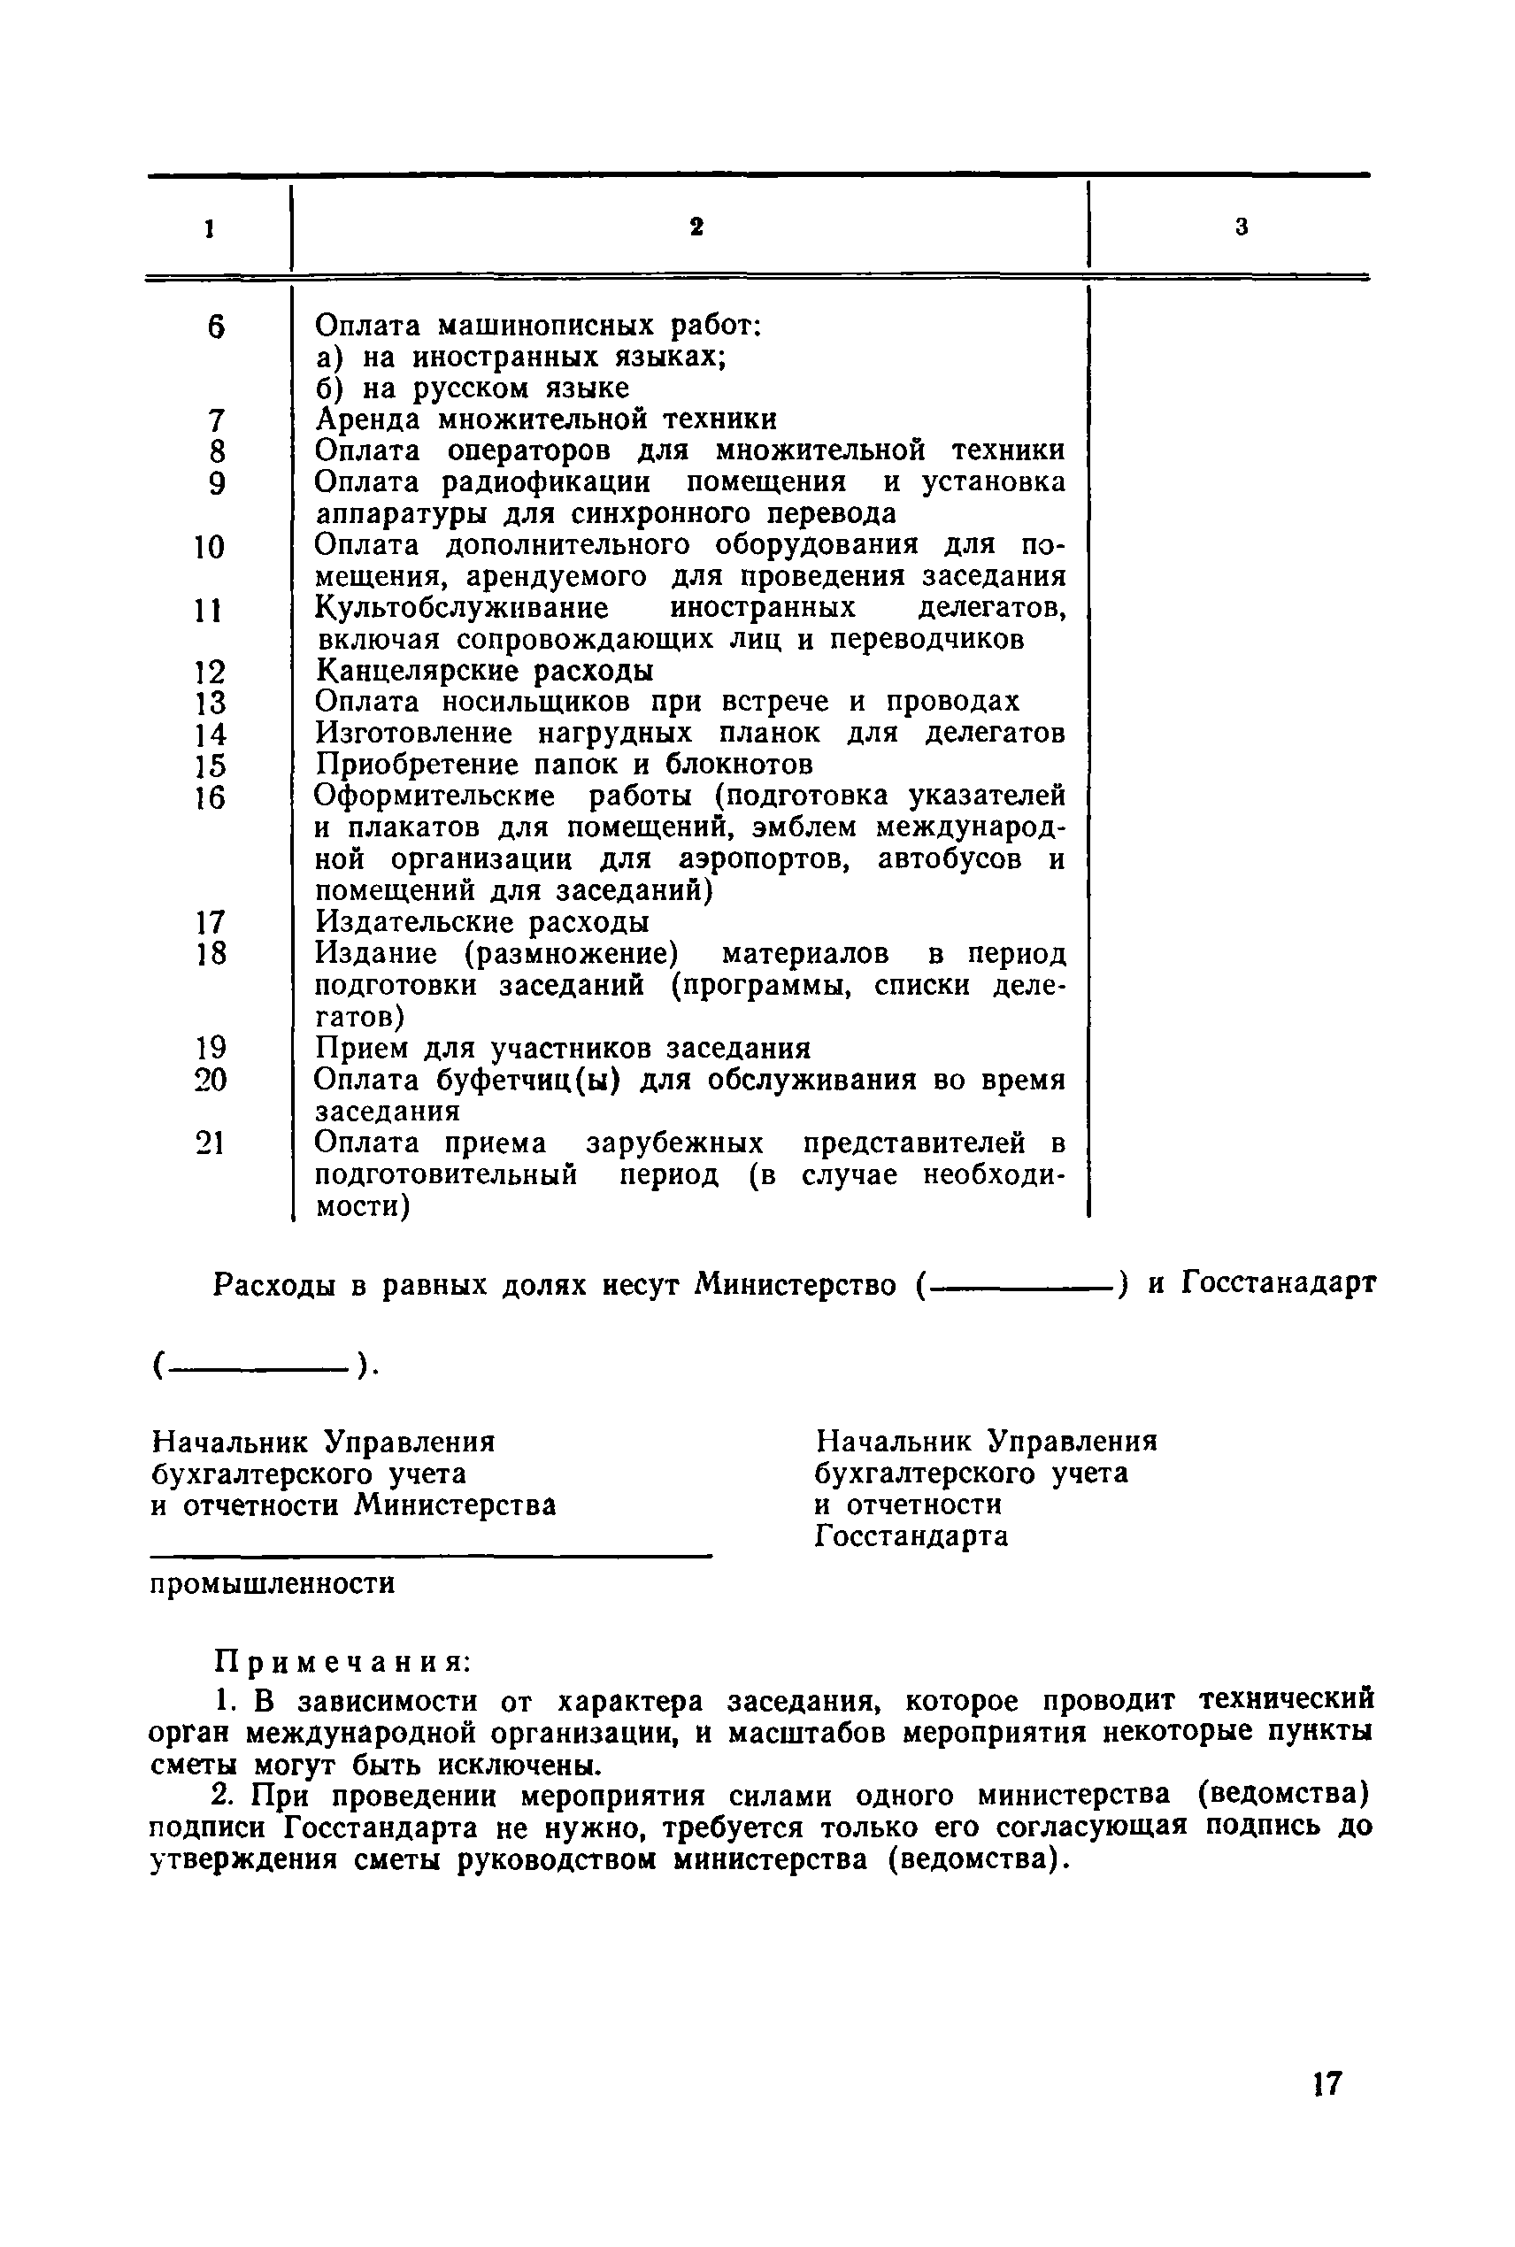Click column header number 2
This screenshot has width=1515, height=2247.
pyautogui.click(x=696, y=227)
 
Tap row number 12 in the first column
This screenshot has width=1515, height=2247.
pyautogui.click(x=210, y=672)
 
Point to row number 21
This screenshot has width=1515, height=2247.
pyautogui.click(x=210, y=1143)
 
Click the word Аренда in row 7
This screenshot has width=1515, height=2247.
pyautogui.click(x=368, y=419)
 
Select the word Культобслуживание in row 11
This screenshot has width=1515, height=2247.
pyautogui.click(x=462, y=608)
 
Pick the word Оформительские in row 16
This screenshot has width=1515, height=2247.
pyautogui.click(x=435, y=796)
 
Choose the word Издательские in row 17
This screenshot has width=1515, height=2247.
pyautogui.click(x=413, y=921)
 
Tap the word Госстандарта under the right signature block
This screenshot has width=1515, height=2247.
pyautogui.click(x=911, y=1536)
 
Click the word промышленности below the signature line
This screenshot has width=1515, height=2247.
pyautogui.click(x=273, y=1584)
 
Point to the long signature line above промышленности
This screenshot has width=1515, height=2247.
pyautogui.click(x=430, y=1554)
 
